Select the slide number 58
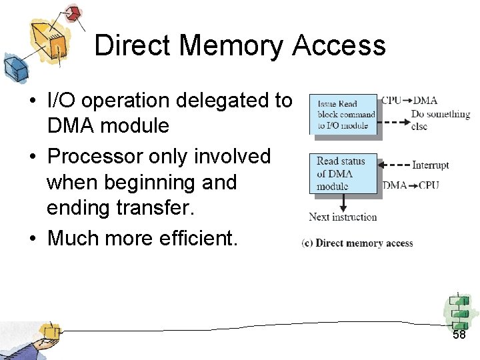pyautogui.click(x=459, y=335)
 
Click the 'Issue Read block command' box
pyautogui.click(x=345, y=115)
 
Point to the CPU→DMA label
pyautogui.click(x=409, y=101)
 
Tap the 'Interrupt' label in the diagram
pyautogui.click(x=430, y=165)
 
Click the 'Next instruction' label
pyautogui.click(x=343, y=217)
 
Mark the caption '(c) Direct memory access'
pyautogui.click(x=357, y=243)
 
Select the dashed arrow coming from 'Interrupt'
pyautogui.click(x=395, y=165)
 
